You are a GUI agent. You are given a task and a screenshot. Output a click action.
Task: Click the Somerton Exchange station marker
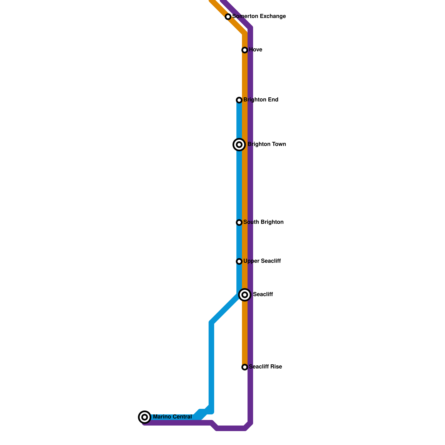point(228,17)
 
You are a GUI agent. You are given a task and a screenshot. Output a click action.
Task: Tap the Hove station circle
point(245,50)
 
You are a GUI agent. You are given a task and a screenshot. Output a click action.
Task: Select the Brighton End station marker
point(239,100)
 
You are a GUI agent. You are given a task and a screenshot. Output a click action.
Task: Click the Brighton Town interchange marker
point(239,145)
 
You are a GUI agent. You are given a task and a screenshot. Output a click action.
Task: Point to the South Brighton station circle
point(239,222)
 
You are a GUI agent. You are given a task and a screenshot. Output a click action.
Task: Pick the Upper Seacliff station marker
point(239,261)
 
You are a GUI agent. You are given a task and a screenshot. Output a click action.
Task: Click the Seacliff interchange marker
point(245,295)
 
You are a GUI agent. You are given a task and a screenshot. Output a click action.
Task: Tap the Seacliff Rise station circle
point(245,367)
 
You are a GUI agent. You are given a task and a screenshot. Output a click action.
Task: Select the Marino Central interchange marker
point(145,417)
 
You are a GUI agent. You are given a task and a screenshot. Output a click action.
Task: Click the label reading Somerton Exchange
point(259,16)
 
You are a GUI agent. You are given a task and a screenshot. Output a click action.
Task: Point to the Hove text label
point(255,50)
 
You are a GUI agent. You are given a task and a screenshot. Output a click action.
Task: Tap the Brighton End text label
point(261,100)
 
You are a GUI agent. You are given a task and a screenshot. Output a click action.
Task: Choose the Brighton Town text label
point(267,144)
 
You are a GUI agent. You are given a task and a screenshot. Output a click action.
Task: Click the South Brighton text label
point(263,222)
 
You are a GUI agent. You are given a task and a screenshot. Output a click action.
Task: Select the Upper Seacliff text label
point(262,261)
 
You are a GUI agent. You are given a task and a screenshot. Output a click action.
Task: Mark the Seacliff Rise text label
point(265,367)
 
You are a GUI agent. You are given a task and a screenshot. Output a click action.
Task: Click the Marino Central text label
point(172,417)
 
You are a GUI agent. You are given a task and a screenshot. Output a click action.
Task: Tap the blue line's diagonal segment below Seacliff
point(225,309)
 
